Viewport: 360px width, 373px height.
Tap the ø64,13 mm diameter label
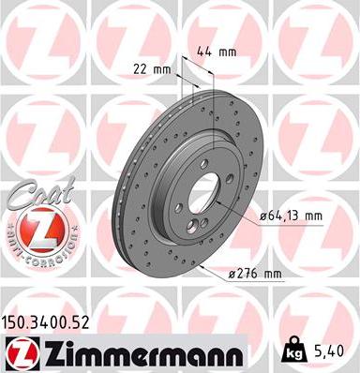click(290, 216)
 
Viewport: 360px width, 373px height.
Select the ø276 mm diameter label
click(254, 274)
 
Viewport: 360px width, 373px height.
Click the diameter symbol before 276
click(232, 275)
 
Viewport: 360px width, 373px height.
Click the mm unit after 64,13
click(312, 216)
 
